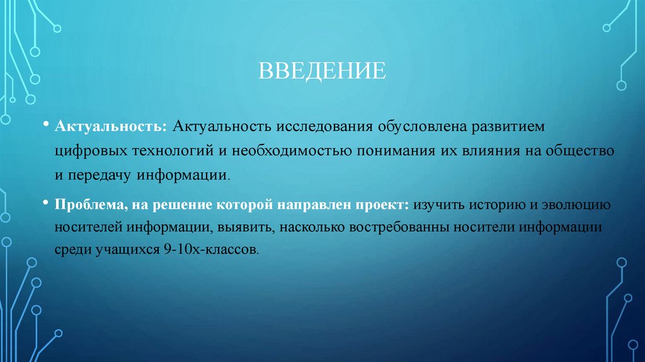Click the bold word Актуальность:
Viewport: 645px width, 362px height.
click(x=110, y=128)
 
